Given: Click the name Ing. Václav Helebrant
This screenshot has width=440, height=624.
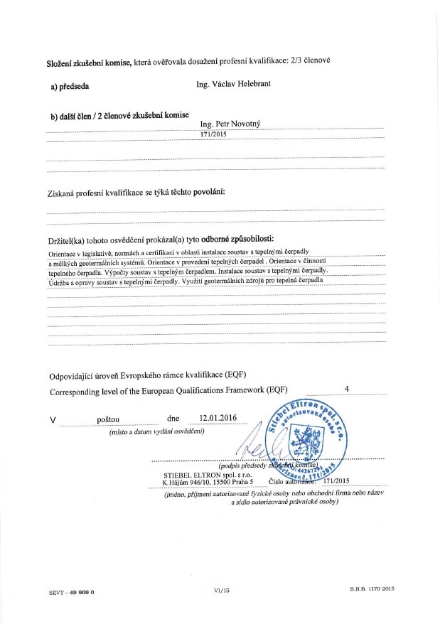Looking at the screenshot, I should pos(233,85).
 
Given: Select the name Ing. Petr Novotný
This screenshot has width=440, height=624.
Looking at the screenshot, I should pos(230,123).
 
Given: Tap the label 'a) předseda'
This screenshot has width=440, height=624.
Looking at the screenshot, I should pos(70,86).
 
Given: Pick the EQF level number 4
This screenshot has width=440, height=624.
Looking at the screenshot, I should pos(347,389).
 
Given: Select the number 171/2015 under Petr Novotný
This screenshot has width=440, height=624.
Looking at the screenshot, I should pos(215,134).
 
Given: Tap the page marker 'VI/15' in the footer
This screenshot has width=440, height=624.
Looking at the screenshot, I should pos(222,590).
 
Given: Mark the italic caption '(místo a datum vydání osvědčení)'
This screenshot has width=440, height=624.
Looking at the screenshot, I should pos(156,431).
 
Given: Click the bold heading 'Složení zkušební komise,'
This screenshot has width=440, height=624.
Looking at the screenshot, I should pos(89,63).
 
